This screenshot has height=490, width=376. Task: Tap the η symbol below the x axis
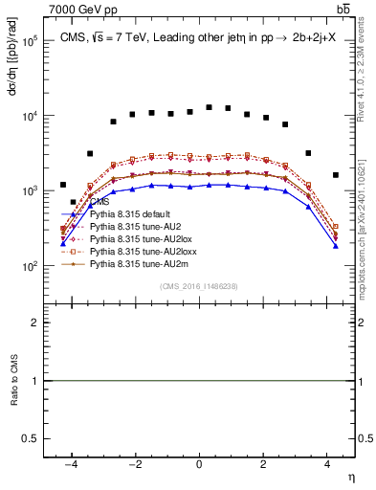tap(350, 476)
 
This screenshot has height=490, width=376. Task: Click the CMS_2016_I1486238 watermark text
tap(199, 286)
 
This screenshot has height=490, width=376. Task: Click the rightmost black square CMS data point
tap(335, 175)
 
